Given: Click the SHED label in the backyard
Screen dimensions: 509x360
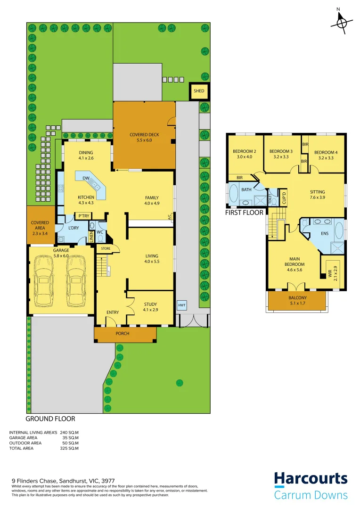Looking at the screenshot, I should pos(198,91).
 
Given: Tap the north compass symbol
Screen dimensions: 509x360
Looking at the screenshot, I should pos(342,22).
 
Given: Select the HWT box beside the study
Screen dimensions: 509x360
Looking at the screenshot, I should pos(182,305).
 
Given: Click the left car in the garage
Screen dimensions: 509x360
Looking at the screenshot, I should pos(45,281).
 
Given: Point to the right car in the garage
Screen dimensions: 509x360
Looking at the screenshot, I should pos(75,281).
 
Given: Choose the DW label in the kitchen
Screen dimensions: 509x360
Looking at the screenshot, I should pos(86,178).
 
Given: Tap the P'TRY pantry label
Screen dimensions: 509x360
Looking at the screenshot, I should pos(84,216).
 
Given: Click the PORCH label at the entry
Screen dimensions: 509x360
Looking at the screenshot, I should pos(123,334).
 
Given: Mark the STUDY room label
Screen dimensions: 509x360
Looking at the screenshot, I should pos(150,304).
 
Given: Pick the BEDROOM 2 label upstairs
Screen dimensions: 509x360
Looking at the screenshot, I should pos(244,151).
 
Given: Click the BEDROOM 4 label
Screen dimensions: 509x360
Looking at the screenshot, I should pos(326,152).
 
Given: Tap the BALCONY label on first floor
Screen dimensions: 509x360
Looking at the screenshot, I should pos(297,298).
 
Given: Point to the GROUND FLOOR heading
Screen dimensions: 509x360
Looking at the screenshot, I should pos(50,419).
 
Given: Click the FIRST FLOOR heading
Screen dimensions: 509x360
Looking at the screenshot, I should pos(244,213).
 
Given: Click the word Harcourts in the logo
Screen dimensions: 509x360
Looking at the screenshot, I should pos(311,479).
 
